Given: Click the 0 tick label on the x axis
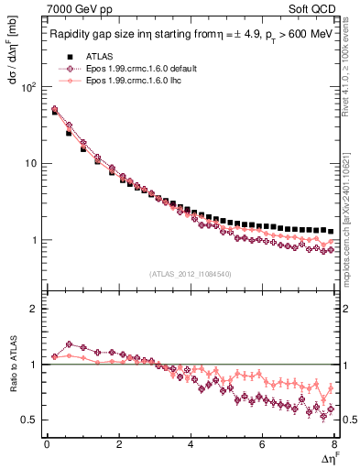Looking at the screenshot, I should coord(47,444).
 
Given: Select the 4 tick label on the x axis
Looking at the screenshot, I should coord(191,444).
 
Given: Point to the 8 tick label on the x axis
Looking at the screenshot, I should coord(334,444).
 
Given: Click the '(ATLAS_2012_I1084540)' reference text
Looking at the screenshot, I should coord(191,273).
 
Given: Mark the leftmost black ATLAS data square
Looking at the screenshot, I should coord(54,112).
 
